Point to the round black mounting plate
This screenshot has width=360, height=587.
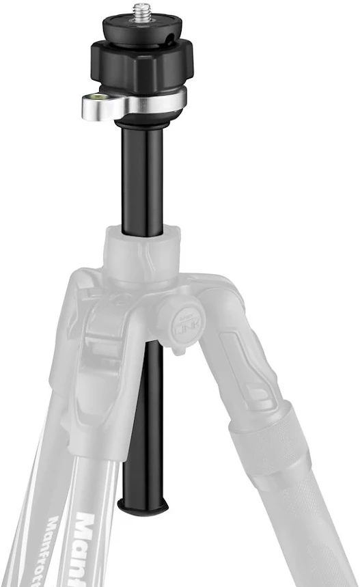144,29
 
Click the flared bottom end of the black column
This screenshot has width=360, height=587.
143,506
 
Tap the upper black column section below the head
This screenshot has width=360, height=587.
143,178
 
